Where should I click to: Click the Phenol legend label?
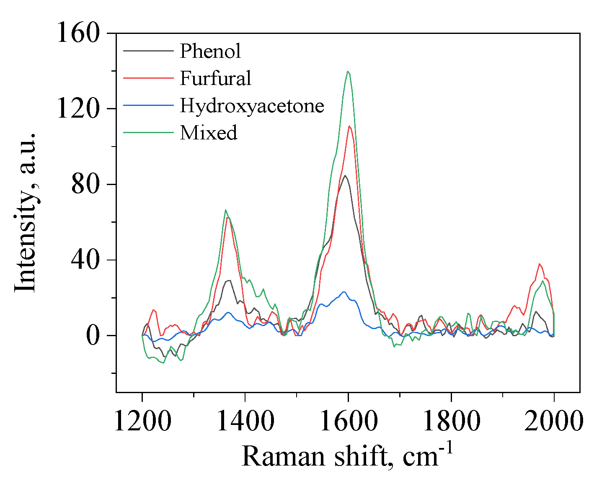point(210,51)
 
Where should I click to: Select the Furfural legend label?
point(215,78)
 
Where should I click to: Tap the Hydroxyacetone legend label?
point(252,106)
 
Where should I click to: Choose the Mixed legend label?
point(208,133)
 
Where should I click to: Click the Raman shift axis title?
point(347,456)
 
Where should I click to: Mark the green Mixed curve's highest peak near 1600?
point(348,72)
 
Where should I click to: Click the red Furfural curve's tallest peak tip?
point(349,126)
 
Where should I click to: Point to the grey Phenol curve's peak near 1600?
point(345,175)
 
